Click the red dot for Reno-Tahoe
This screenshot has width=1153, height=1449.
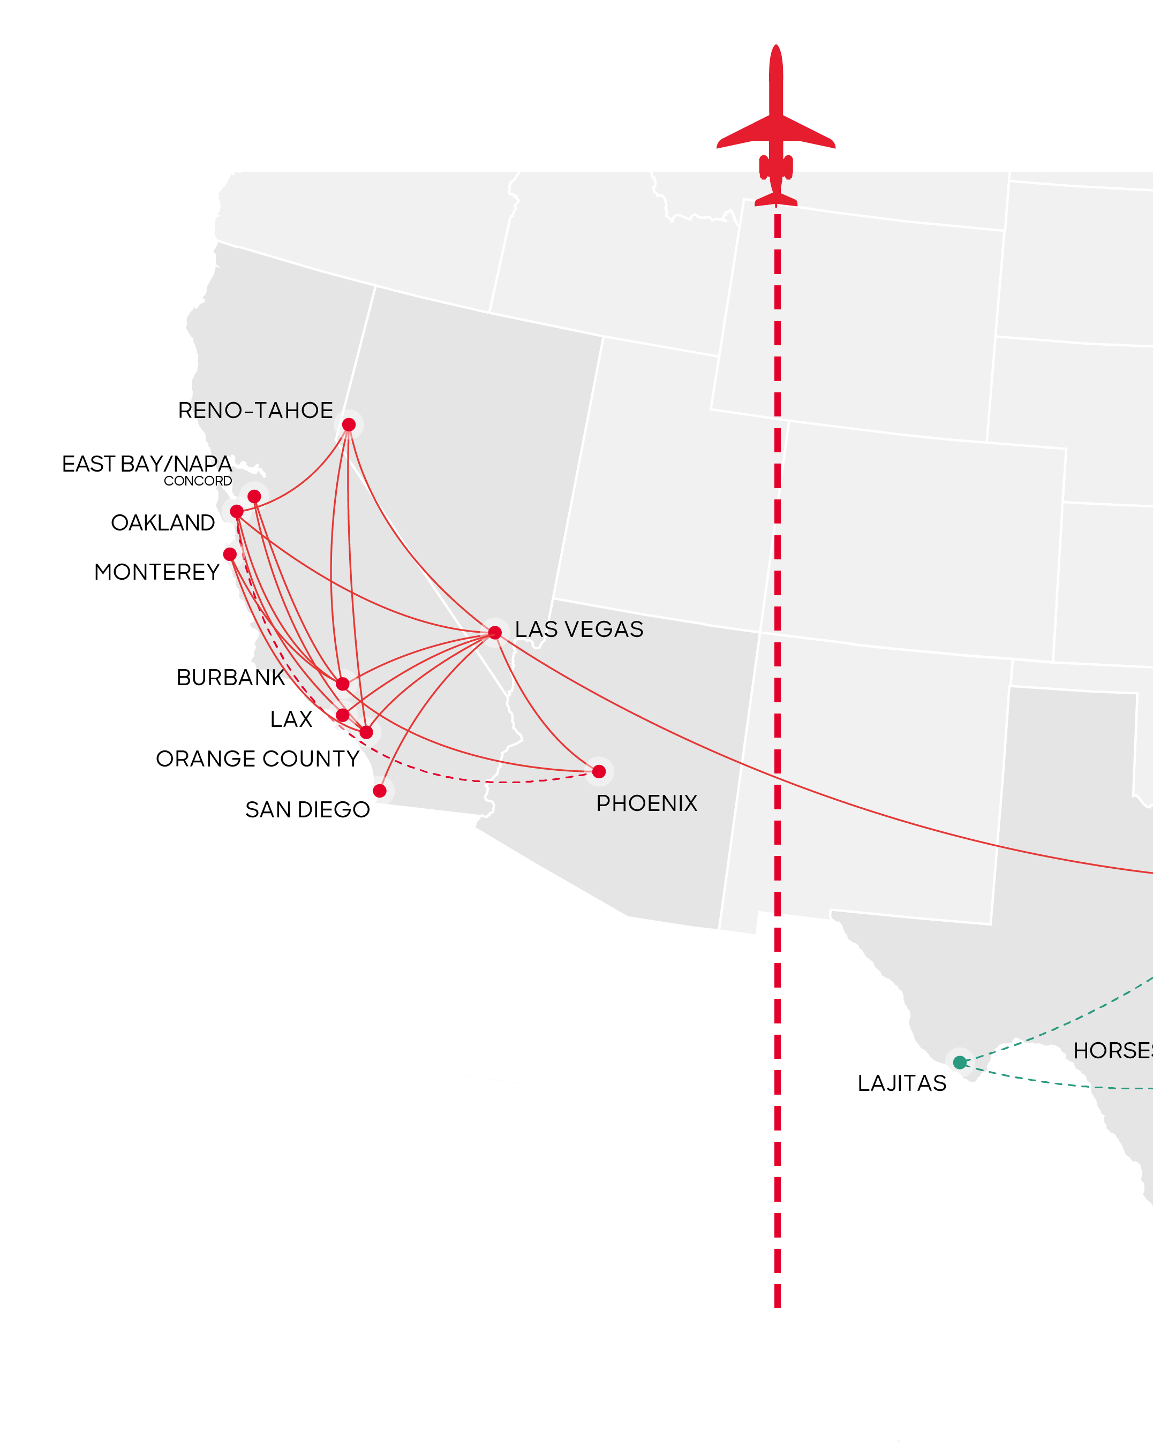348,425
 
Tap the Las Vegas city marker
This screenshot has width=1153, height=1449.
495,632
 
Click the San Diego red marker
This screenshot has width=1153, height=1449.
380,791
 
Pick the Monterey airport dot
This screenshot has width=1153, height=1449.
230,555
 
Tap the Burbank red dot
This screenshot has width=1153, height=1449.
343,684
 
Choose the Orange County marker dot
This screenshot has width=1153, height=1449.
366,733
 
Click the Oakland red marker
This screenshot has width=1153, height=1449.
237,511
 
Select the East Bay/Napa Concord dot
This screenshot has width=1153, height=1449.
254,497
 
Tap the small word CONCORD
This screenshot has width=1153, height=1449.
198,481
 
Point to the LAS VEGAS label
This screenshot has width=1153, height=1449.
579,629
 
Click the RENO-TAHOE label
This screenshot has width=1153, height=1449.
255,411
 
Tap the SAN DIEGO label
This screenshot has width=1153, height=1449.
307,810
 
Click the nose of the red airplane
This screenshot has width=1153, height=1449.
776,48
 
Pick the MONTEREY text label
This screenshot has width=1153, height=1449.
157,572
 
